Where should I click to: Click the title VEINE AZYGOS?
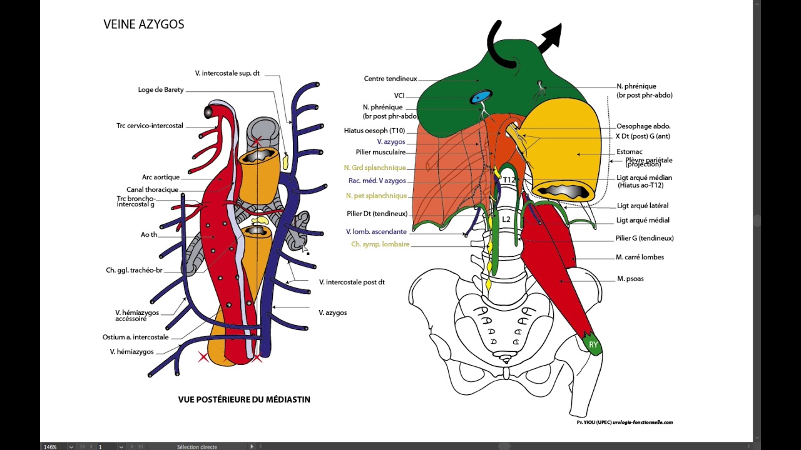tap(144, 24)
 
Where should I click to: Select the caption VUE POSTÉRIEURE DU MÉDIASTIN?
tap(244, 399)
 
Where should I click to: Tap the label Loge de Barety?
tap(161, 90)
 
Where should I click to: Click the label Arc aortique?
tap(161, 177)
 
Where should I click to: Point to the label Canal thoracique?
tap(153, 190)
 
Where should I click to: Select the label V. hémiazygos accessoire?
tap(137, 316)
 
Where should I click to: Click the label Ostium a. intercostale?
tap(136, 337)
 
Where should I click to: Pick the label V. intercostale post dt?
tap(352, 282)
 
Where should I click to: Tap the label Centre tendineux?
tap(390, 79)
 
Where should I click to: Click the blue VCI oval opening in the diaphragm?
tap(481, 97)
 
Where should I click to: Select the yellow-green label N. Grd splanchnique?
tap(375, 167)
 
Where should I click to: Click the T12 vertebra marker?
tap(509, 180)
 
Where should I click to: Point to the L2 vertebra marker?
tap(506, 219)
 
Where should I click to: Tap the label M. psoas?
tap(630, 279)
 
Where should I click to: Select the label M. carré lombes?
tap(640, 257)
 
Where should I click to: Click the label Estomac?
tap(629, 151)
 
